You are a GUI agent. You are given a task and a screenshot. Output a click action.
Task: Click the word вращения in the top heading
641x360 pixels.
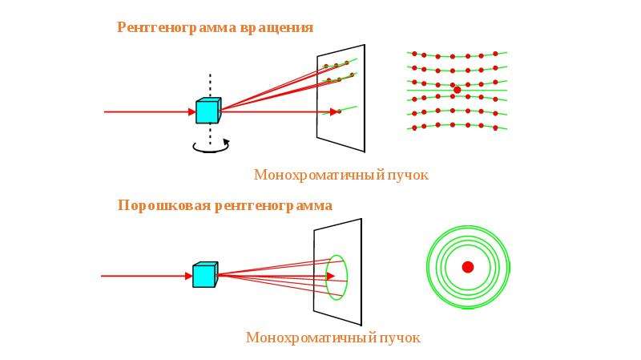click(x=276, y=28)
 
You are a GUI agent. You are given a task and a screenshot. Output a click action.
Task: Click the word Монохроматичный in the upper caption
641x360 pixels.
click(x=319, y=175)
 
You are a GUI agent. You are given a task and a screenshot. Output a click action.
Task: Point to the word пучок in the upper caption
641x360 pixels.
click(x=408, y=176)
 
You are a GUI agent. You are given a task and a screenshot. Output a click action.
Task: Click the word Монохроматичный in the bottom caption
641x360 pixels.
click(x=311, y=338)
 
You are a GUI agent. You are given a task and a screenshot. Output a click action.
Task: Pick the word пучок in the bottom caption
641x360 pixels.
click(x=400, y=338)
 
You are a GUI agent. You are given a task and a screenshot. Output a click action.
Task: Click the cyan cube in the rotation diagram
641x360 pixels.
click(x=208, y=111)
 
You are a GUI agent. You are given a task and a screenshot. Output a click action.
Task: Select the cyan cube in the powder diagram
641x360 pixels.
click(x=205, y=274)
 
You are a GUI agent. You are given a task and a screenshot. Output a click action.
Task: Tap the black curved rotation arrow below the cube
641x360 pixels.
click(x=211, y=148)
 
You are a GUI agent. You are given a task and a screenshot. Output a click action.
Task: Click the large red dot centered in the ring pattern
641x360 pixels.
click(x=468, y=267)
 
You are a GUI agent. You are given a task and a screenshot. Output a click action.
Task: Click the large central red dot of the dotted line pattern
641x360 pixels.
click(x=457, y=90)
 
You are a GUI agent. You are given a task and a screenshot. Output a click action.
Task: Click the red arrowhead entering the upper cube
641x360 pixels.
click(x=192, y=111)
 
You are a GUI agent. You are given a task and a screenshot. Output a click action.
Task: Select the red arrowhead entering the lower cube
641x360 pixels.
click(x=189, y=276)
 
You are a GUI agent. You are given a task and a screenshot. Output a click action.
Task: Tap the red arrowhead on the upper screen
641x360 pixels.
click(x=334, y=111)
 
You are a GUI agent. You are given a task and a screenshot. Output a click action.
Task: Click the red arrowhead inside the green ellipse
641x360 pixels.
click(x=331, y=276)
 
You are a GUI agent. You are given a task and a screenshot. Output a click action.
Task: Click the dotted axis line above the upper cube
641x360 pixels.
click(x=210, y=86)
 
